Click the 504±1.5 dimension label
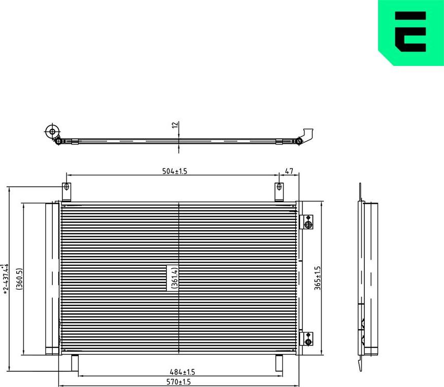175,171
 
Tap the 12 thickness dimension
175,125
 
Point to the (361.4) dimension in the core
174,277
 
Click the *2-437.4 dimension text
6,279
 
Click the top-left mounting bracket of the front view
66,192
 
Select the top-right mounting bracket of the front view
279,192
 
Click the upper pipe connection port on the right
308,222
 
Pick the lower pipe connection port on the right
308,338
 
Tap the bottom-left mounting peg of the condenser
75,362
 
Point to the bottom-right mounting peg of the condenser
279,362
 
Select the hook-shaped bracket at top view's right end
305,134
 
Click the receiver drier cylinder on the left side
52,277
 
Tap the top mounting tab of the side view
360,192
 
